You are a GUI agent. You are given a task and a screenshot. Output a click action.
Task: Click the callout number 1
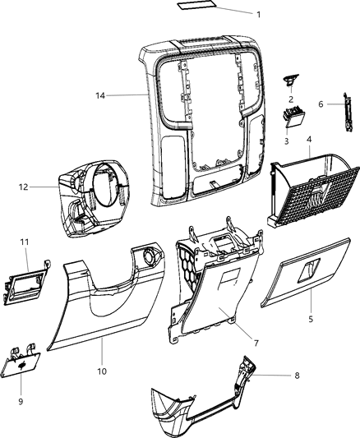coord(259,15)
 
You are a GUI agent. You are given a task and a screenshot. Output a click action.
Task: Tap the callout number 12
coord(23,187)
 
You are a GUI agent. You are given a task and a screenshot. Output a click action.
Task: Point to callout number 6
coord(321,104)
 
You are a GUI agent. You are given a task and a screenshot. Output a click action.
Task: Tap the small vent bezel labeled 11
coord(26,282)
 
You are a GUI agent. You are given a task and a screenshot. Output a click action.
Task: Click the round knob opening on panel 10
coord(150,254)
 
